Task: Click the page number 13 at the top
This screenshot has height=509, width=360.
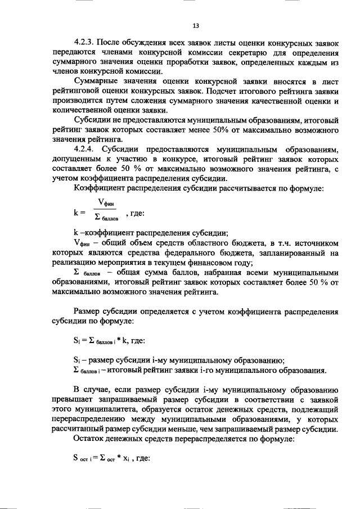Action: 196,25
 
